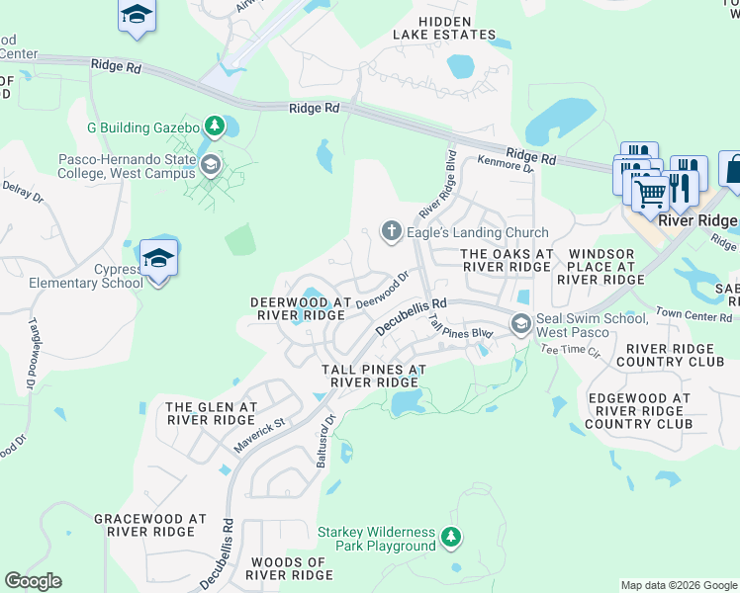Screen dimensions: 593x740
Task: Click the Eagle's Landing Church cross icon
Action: pos(391,232)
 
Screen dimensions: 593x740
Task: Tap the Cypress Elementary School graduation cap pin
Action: pos(158,259)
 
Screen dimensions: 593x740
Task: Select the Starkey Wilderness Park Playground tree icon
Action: pos(451,538)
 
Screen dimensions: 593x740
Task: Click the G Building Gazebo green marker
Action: pos(212,127)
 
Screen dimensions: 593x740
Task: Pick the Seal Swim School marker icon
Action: pos(520,324)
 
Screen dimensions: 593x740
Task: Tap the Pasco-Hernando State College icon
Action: pos(209,165)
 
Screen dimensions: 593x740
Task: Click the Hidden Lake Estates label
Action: pos(443,28)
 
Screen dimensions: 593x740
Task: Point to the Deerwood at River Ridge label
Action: pos(301,308)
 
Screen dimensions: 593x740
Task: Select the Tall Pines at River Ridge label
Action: pos(373,376)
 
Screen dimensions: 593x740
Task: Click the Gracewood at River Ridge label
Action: pos(149,525)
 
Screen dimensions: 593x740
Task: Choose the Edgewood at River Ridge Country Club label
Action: pos(638,410)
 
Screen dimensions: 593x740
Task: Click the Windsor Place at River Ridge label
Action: pos(601,267)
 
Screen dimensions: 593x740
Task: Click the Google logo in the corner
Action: pos(33,581)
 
